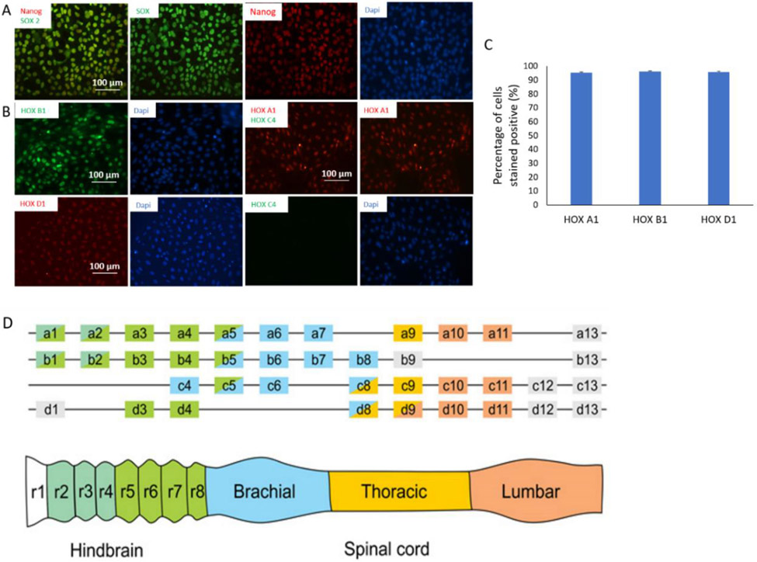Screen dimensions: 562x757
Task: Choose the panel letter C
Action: (490, 44)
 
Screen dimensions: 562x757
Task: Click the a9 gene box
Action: (407, 334)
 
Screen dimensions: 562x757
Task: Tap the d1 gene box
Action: (51, 409)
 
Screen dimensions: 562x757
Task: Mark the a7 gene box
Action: (318, 334)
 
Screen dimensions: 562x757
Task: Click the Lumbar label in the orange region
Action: (534, 491)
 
